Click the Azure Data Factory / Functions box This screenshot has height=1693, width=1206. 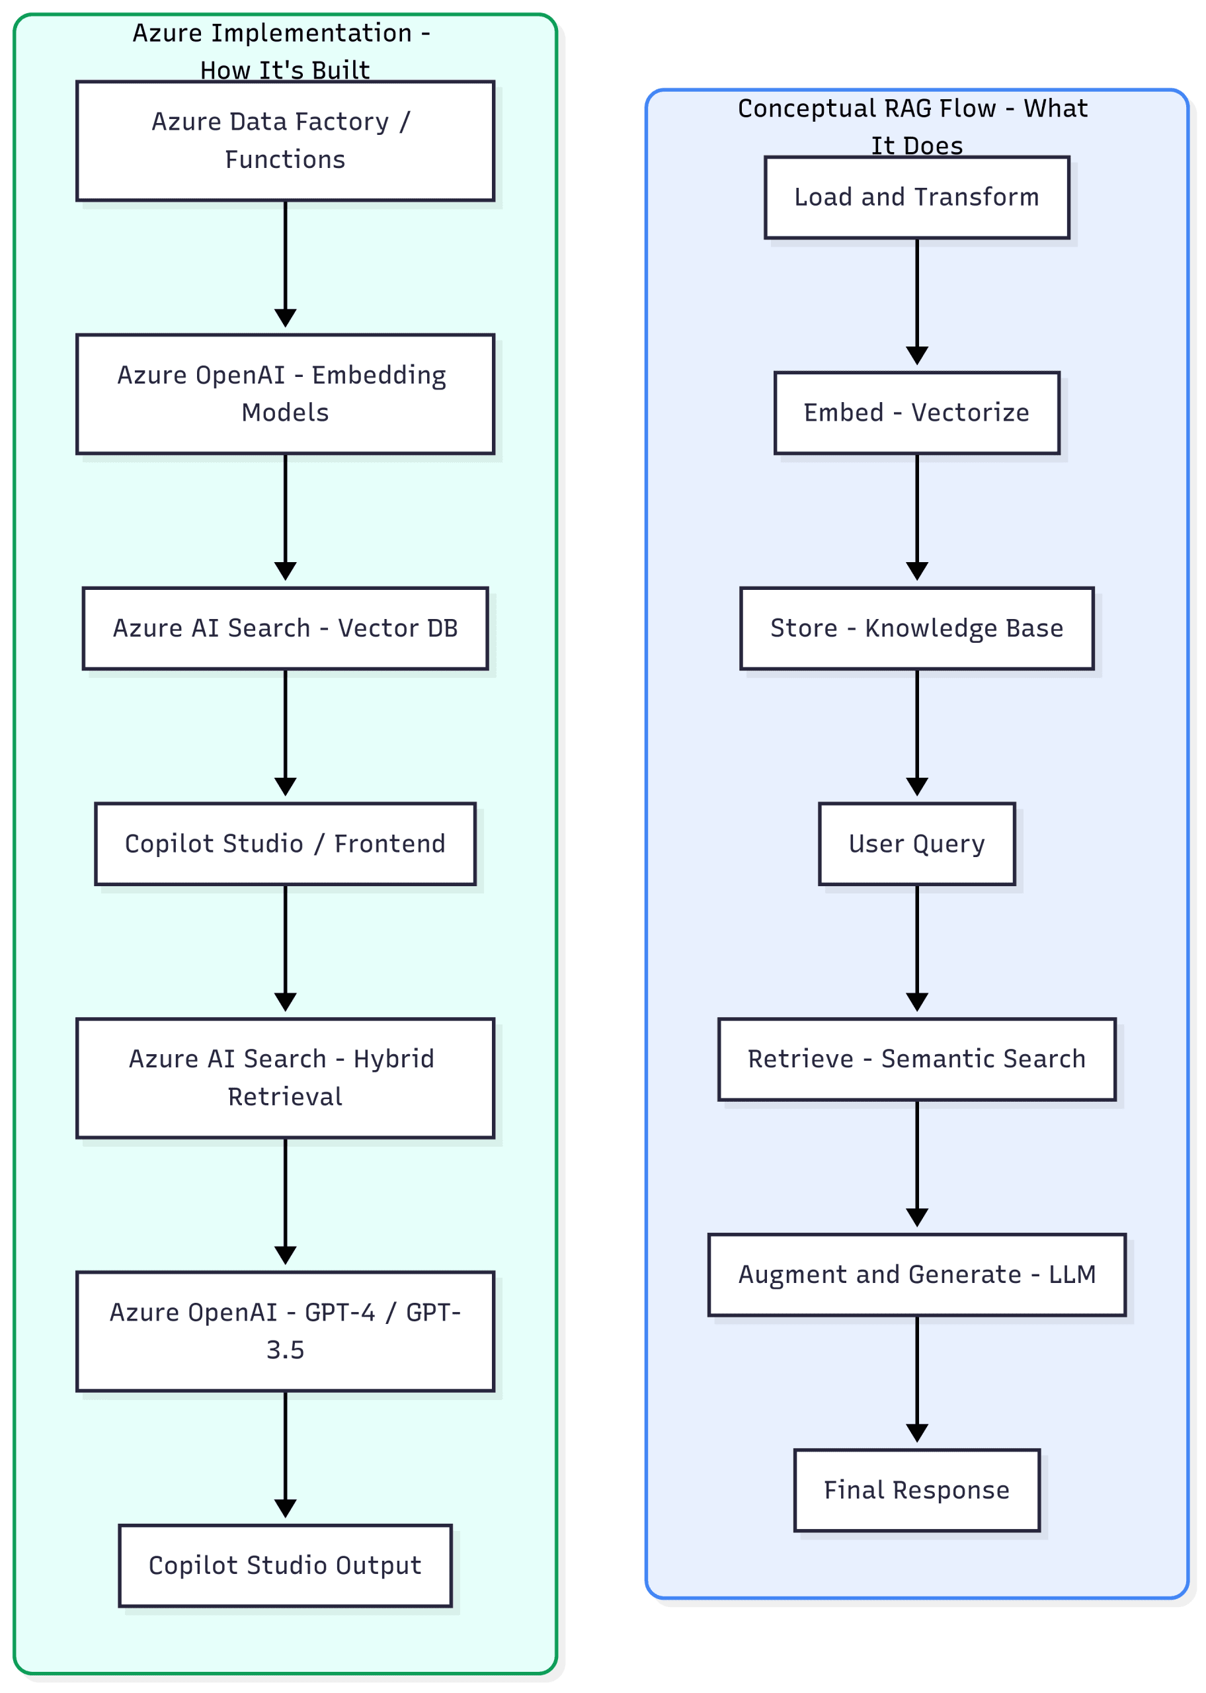pyautogui.click(x=285, y=140)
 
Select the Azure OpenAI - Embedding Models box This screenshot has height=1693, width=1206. pyautogui.click(x=285, y=393)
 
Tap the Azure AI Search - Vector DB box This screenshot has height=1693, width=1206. pyautogui.click(x=285, y=628)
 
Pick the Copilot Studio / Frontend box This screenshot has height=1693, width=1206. pyautogui.click(x=285, y=844)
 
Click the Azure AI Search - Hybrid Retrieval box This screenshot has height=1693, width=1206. pyautogui.click(x=285, y=1077)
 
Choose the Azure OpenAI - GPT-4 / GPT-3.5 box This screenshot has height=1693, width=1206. pyautogui.click(x=285, y=1331)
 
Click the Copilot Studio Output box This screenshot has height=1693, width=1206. pyautogui.click(x=285, y=1565)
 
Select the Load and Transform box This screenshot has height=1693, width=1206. pyautogui.click(x=916, y=197)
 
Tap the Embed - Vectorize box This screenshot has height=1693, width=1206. pyautogui.click(x=916, y=413)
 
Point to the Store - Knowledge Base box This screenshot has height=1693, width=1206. pyautogui.click(x=916, y=628)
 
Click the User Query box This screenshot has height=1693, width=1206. pyautogui.click(x=916, y=844)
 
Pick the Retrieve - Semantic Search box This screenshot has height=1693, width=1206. pyautogui.click(x=916, y=1059)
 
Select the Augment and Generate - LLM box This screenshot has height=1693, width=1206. pyautogui.click(x=916, y=1274)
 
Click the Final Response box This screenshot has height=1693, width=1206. pyautogui.click(x=916, y=1489)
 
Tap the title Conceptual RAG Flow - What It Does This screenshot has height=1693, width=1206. pyautogui.click(x=913, y=126)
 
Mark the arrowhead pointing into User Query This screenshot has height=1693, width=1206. pyautogui.click(x=917, y=787)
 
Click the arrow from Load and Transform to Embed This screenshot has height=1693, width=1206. pyautogui.click(x=917, y=297)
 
